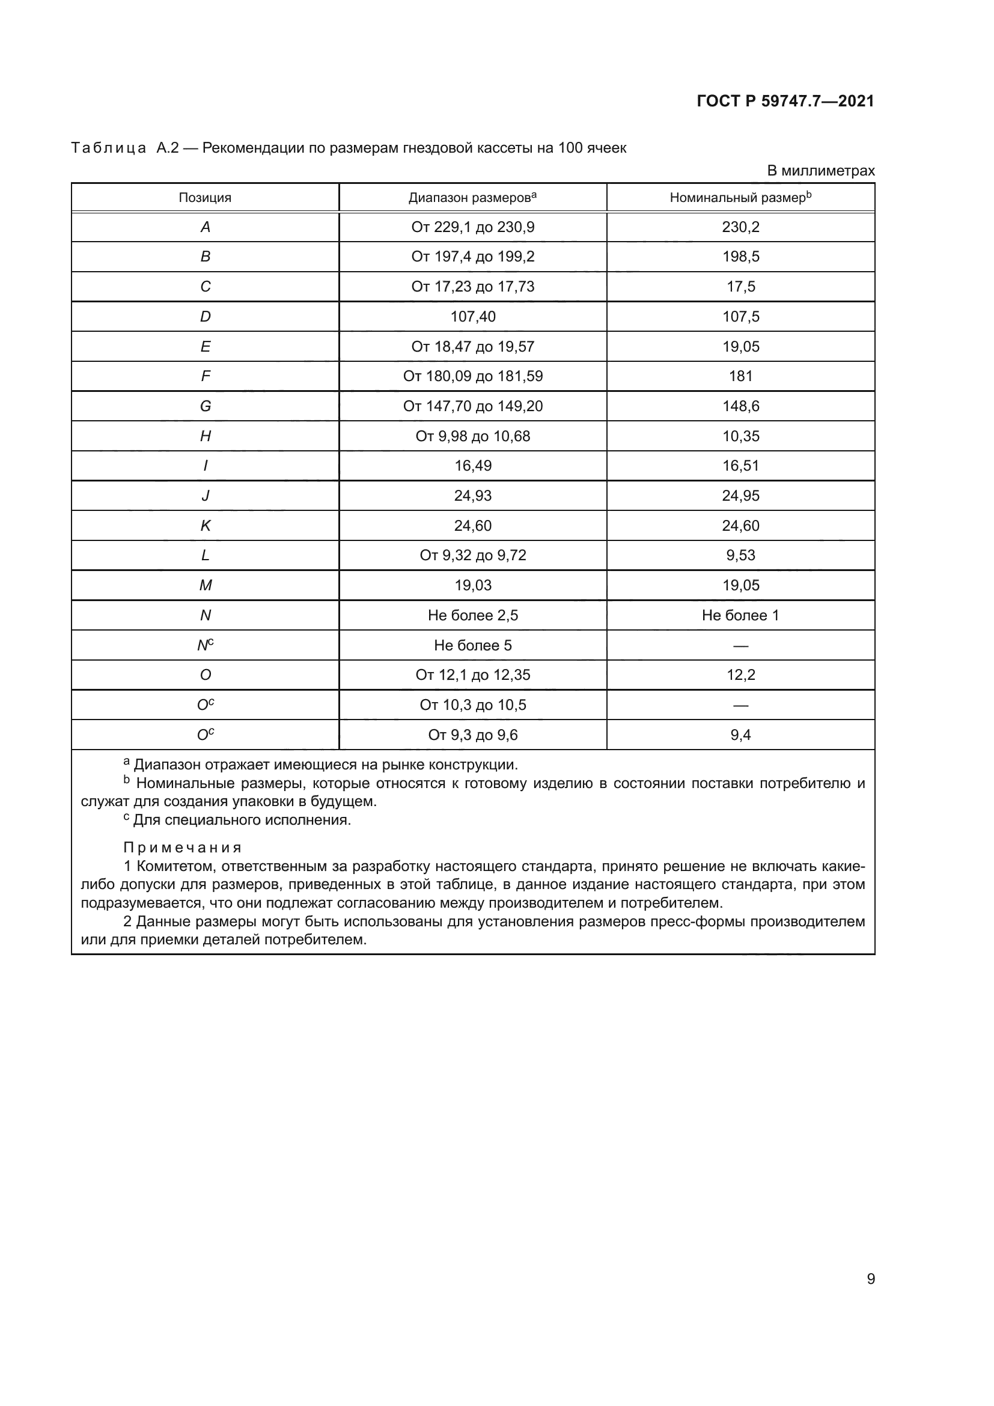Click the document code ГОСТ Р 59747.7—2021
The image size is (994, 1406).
coord(785,101)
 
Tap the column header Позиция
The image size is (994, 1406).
coord(205,198)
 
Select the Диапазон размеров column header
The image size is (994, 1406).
coord(472,197)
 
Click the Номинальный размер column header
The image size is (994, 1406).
coord(740,197)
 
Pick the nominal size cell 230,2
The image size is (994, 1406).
coord(740,227)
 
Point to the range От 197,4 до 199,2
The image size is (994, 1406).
coord(472,257)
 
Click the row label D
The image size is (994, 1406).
coord(205,317)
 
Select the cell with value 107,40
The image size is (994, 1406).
coord(472,317)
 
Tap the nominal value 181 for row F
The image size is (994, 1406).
coord(740,376)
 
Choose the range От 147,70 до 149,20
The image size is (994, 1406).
coord(472,406)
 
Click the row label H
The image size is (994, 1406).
coord(205,436)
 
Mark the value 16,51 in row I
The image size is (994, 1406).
coord(740,465)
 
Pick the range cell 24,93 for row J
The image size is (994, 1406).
coord(472,495)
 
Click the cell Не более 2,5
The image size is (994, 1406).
coord(472,616)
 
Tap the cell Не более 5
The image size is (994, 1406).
coord(472,646)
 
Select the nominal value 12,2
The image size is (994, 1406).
coord(740,675)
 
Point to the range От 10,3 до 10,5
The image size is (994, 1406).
coord(472,705)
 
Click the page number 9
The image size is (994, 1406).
coord(871,1279)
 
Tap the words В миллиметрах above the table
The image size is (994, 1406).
coord(821,171)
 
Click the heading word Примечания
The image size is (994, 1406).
coord(183,848)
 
